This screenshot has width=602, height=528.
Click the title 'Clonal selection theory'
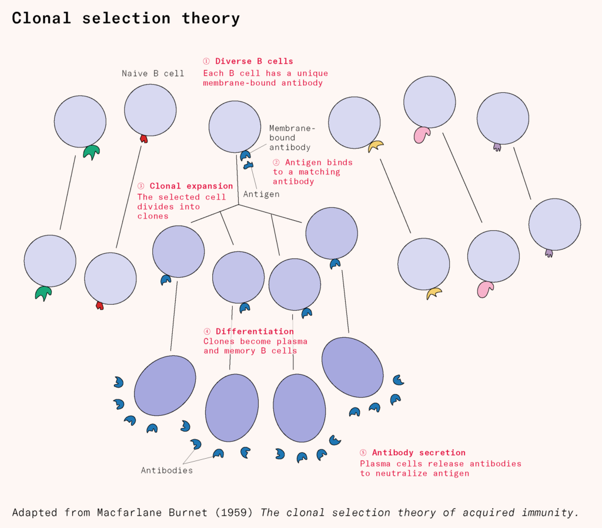(126, 18)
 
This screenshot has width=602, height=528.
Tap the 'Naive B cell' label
(153, 73)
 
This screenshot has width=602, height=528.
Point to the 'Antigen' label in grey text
(261, 194)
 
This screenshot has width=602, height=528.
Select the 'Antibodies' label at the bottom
(166, 470)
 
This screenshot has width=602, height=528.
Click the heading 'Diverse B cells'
(254, 61)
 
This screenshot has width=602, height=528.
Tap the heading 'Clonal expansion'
(191, 186)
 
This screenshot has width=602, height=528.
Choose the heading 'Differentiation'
(255, 331)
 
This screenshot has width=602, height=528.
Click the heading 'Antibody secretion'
(419, 453)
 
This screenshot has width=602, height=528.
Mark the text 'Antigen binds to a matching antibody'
(313, 171)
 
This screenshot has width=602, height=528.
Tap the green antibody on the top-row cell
(91, 152)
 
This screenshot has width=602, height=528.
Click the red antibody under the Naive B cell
(143, 139)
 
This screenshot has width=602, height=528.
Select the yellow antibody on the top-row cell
(375, 146)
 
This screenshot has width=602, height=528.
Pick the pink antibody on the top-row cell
(422, 134)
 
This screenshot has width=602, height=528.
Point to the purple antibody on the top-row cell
(497, 147)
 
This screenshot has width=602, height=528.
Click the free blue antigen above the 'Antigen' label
(248, 166)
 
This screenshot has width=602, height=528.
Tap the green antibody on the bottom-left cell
(43, 292)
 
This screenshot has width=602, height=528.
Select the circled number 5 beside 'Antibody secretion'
(363, 453)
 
